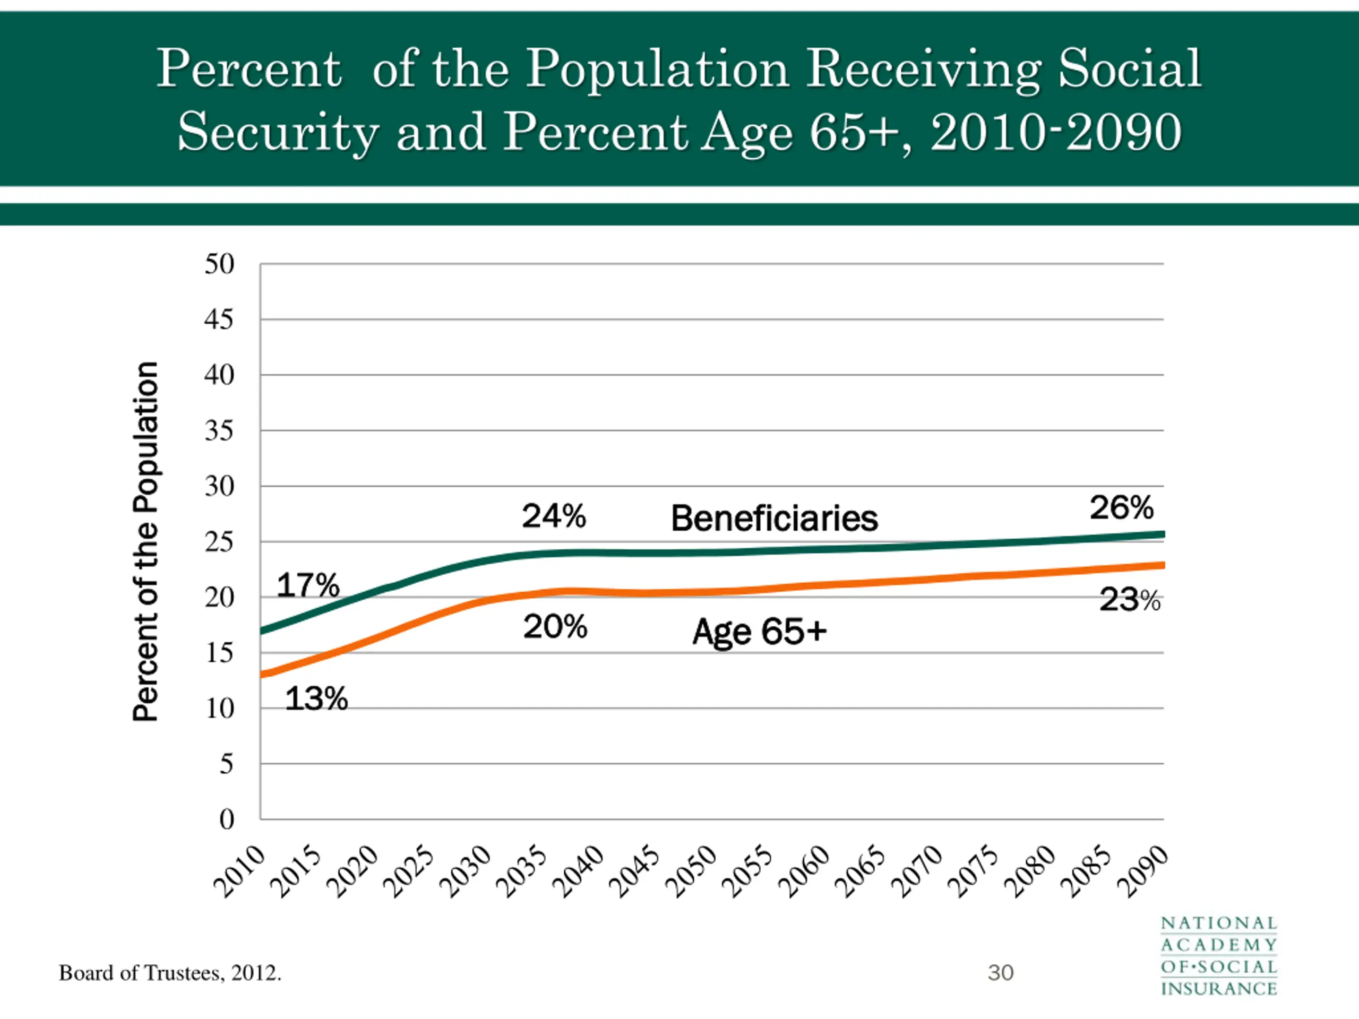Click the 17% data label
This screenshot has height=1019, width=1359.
point(308,585)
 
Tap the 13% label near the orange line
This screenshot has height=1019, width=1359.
point(316,698)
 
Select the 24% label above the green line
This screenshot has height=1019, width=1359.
point(554,515)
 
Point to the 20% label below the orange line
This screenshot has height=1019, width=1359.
point(555,626)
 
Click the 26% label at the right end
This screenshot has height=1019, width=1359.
point(1121,507)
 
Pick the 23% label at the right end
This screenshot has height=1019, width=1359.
point(1130,600)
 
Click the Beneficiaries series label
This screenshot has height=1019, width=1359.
point(774,519)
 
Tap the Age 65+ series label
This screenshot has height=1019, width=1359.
point(759,632)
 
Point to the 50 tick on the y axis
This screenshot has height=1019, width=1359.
point(219,264)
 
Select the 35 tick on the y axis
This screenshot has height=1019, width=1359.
point(219,431)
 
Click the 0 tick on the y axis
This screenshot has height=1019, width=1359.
point(227,819)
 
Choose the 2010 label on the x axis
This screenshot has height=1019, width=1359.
point(239,871)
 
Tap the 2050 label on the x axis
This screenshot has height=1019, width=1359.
point(692,871)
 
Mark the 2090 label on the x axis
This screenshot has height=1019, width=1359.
point(1143,871)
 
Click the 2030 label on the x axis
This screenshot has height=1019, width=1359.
point(466,871)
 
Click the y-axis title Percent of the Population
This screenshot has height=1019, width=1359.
point(146,540)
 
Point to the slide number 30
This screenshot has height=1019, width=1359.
point(1000,973)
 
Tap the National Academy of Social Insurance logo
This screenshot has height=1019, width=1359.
point(1219,956)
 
